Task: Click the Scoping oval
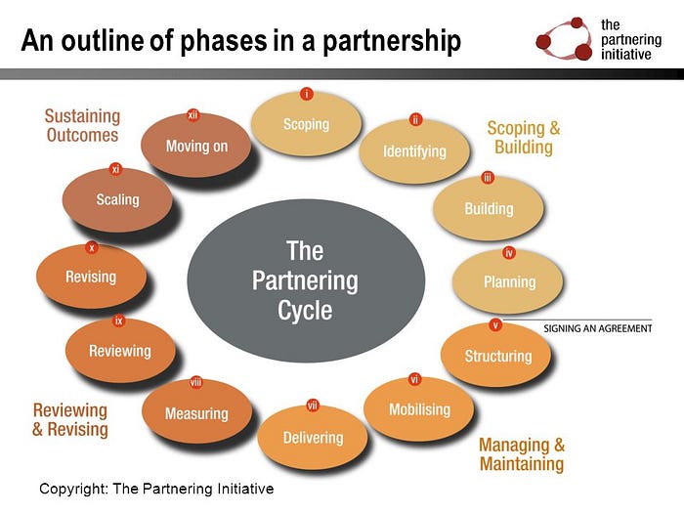[x=306, y=124]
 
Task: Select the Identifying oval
[x=414, y=151]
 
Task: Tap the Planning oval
[x=509, y=281]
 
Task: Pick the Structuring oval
[x=497, y=356]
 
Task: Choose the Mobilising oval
[x=419, y=408]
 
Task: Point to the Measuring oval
[x=196, y=413]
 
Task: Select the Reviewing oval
[x=120, y=351]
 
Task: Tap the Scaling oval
[x=117, y=199]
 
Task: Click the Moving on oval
[x=195, y=146]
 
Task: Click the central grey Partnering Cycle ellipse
[x=305, y=280]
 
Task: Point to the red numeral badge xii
[x=193, y=115]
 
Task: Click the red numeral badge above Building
[x=488, y=178]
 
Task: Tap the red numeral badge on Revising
[x=92, y=248]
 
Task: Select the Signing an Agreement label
[x=597, y=328]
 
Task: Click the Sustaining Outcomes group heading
[x=82, y=126]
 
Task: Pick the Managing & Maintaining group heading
[x=522, y=453]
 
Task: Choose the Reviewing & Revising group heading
[x=70, y=419]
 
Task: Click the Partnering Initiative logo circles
[x=564, y=39]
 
